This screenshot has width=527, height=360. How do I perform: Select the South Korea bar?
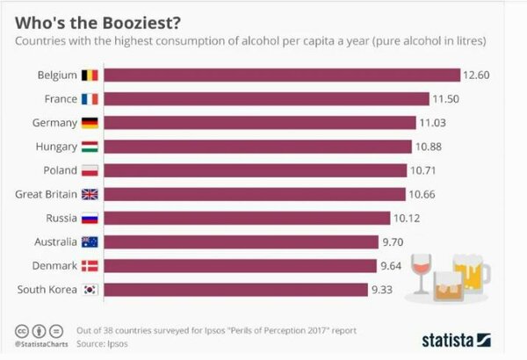click(x=236, y=289)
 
